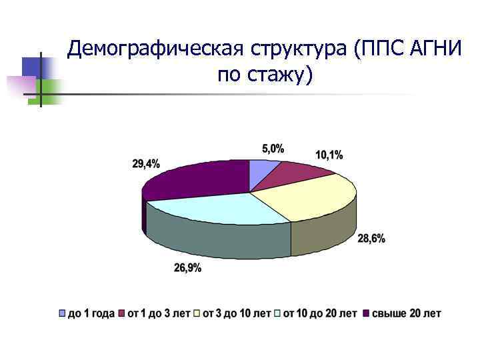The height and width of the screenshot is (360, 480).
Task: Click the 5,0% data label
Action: [x=272, y=149]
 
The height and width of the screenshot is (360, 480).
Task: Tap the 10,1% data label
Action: [x=329, y=155]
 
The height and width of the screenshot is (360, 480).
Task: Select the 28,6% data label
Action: [x=371, y=239]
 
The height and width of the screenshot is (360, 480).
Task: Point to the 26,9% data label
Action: [x=187, y=268]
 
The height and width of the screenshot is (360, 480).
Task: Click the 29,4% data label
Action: [x=146, y=163]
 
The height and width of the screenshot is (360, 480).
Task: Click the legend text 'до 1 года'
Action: [x=91, y=313]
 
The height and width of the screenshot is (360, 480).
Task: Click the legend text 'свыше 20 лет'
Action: [x=406, y=313]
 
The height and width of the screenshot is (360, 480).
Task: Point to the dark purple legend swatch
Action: [x=365, y=313]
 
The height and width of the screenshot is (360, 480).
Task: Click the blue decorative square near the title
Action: [x=31, y=66]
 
